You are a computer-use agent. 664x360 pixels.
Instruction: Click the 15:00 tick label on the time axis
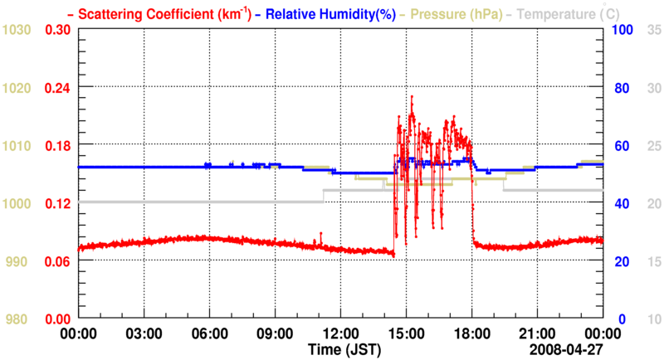(407, 333)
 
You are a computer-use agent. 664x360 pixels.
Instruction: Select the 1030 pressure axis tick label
(17, 30)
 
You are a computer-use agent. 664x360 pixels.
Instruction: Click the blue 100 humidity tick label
(624, 30)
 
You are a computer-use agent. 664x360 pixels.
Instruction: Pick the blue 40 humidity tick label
(621, 203)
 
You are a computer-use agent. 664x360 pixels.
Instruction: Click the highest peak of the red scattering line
(411, 96)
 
